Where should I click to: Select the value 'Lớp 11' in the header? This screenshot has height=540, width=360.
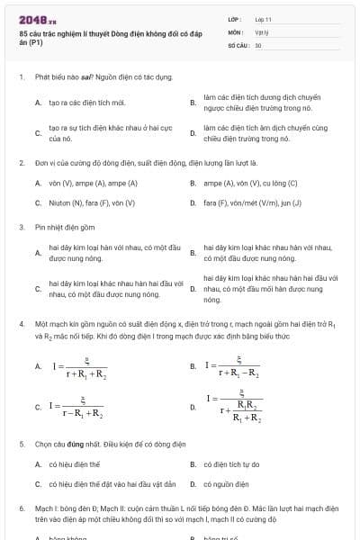(x=263, y=18)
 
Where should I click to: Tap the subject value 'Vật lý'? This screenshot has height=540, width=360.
(x=262, y=31)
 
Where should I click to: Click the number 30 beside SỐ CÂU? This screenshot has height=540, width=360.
(x=258, y=44)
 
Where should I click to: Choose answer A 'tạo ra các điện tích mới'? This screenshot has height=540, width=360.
(x=87, y=103)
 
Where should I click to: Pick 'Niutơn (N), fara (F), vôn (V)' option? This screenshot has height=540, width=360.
(x=92, y=202)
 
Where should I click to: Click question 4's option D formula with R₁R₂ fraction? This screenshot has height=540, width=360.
(x=237, y=407)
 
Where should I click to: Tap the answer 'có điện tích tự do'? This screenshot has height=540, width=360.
(x=232, y=464)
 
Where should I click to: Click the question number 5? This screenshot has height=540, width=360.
(x=22, y=445)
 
